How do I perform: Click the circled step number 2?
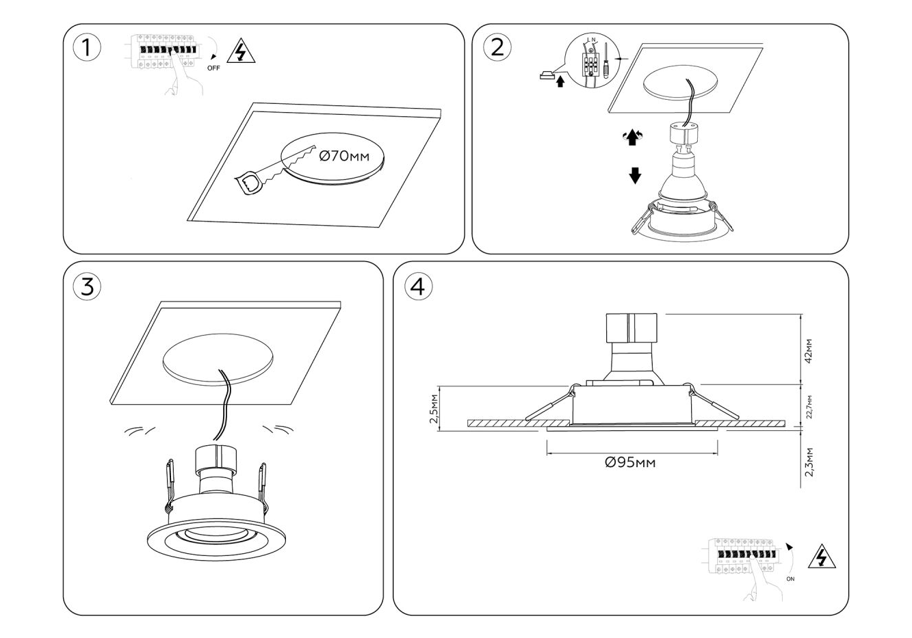[497, 47]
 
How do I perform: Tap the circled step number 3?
[87, 287]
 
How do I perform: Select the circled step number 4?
[418, 287]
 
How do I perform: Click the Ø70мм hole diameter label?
[344, 156]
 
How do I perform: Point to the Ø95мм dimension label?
[630, 463]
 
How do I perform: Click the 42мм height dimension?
[809, 350]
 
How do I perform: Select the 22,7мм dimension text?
[809, 406]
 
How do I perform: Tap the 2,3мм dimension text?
[809, 462]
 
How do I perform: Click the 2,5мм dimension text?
[434, 409]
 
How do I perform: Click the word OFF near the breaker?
[213, 68]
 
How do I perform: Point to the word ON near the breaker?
[790, 579]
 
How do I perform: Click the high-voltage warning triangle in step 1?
[241, 52]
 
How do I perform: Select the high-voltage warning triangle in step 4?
[822, 557]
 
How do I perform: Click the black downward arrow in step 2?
[635, 176]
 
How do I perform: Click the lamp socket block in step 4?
[631, 328]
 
